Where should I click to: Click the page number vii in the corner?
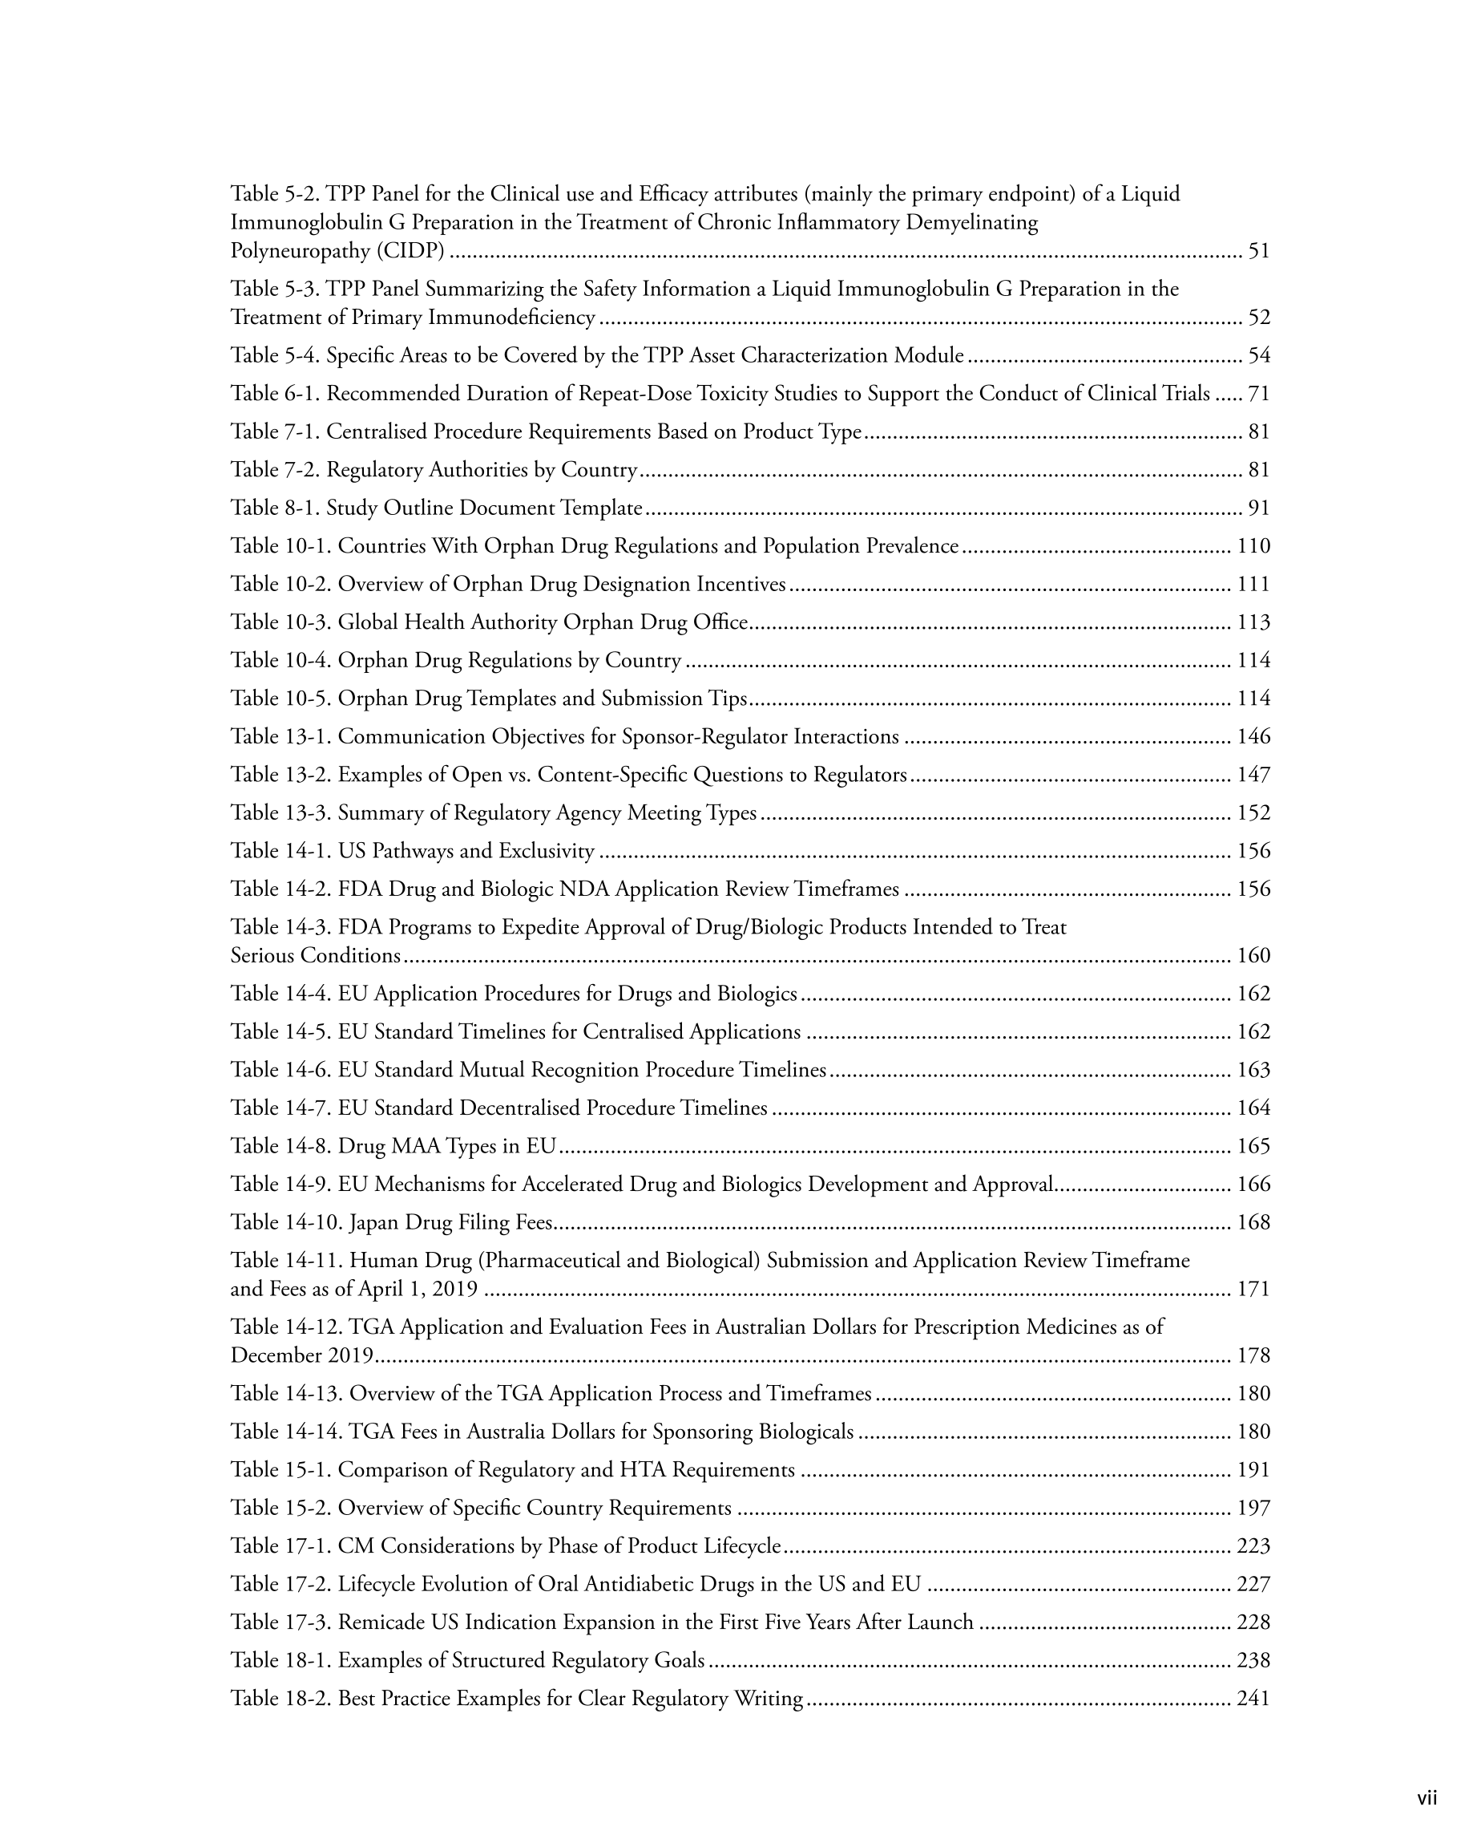(x=1427, y=1798)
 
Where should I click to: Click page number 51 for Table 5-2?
(x=1258, y=250)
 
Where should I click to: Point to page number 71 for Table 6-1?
(x=1258, y=393)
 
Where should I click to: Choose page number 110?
(x=1253, y=545)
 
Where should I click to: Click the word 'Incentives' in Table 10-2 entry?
(x=741, y=584)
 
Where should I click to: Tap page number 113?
(x=1253, y=622)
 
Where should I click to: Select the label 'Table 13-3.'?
(x=281, y=812)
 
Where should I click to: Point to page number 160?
(x=1253, y=955)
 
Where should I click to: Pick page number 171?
(x=1253, y=1288)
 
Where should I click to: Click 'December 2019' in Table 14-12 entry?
(x=301, y=1355)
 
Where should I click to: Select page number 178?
(x=1253, y=1355)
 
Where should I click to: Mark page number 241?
(x=1253, y=1698)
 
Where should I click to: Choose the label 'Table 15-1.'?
(x=281, y=1469)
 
